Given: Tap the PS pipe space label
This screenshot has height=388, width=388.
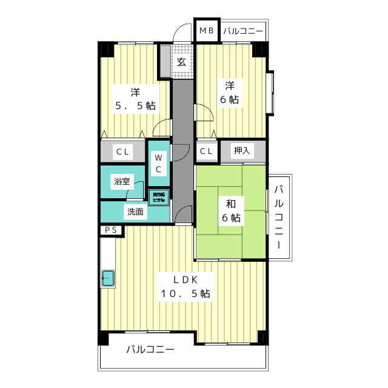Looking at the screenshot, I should [111, 230].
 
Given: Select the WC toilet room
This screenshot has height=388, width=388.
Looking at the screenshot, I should [158, 162].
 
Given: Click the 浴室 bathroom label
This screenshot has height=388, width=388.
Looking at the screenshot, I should [121, 181].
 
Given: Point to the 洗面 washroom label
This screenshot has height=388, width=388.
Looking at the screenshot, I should [135, 212].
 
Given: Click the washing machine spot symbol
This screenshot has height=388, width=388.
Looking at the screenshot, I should [158, 196].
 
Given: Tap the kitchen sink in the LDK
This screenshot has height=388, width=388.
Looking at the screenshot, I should [109, 278].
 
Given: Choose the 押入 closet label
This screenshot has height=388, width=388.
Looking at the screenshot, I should [242, 151].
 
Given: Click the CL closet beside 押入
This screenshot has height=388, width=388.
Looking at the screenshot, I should [206, 152].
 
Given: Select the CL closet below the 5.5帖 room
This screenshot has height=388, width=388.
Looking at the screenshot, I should [123, 152].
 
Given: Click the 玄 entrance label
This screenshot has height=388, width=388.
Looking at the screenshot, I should [182, 61].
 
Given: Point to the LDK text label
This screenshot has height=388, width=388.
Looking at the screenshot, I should [186, 279].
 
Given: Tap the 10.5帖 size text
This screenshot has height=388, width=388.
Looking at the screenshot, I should [186, 294].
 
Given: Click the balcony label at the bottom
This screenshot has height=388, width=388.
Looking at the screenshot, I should [150, 350].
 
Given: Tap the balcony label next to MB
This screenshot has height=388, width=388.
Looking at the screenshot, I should [242, 30].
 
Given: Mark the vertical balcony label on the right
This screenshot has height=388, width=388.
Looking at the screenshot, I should [279, 216].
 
